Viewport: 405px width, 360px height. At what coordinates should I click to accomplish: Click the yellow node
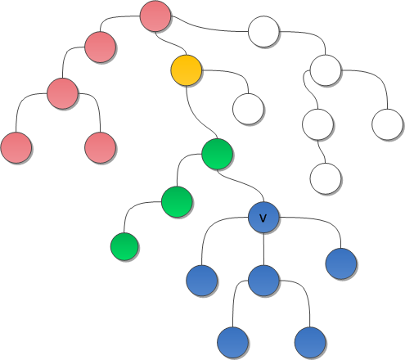pos(187,70)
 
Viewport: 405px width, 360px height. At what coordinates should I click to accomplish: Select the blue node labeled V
pos(263,218)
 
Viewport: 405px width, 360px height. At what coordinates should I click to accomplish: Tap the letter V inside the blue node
pos(263,218)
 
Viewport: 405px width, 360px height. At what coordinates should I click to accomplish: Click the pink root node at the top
pos(155,16)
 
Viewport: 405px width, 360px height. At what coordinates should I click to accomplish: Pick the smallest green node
pos(124,246)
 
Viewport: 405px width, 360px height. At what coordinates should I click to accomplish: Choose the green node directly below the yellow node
pos(218,154)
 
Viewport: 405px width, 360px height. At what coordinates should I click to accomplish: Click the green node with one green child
pos(177,202)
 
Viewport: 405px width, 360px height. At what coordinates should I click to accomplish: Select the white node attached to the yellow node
pos(248,109)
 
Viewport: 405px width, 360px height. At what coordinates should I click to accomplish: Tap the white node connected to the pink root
pos(263,32)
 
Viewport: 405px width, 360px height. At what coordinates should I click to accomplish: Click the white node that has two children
pos(326,70)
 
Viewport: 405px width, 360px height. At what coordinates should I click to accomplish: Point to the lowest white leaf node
pos(326,178)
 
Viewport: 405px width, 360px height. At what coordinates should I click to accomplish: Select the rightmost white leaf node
pos(388,124)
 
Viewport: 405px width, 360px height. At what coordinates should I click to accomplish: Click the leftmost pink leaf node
pos(16,147)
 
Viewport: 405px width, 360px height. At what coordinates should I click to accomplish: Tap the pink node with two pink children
pos(62,93)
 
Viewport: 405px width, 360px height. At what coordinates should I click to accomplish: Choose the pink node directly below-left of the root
pos(101,47)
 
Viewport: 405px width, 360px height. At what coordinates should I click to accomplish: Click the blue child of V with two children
pos(263,281)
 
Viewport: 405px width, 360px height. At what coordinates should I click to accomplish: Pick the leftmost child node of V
pos(202,281)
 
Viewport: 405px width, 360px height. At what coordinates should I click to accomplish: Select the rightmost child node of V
pos(341,263)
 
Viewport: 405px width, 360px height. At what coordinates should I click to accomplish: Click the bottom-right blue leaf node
pos(310,343)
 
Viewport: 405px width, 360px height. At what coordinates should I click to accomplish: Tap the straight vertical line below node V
pos(263,249)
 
